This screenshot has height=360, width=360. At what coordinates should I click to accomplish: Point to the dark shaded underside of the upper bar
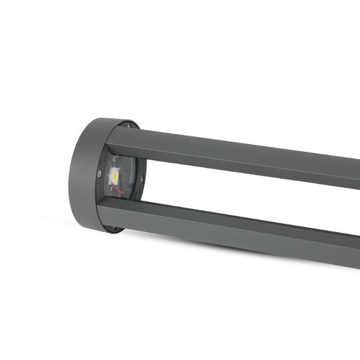(238, 167)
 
